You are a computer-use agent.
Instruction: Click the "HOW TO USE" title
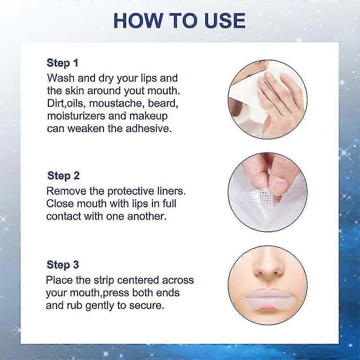pos(180,21)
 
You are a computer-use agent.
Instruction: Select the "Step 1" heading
pos(62,63)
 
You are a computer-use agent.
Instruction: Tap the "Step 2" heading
pos(63,176)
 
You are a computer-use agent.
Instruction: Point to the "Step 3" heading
pos(63,265)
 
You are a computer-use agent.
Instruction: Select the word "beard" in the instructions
pos(163,103)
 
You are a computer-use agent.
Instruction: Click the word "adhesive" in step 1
pos(148,129)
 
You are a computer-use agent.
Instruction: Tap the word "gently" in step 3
pos(99,306)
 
